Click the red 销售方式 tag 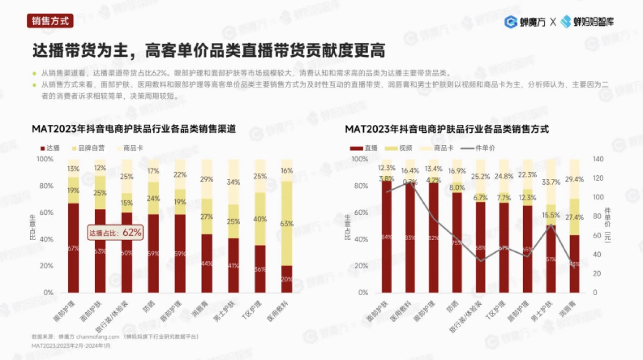click(50, 21)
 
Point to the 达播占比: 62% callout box click(115, 232)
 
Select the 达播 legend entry click(49, 147)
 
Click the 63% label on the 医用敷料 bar click(287, 224)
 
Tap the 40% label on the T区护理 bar click(260, 219)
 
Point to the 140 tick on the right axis click(598, 159)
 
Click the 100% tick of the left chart click(44, 159)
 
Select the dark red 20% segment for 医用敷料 click(287, 279)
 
